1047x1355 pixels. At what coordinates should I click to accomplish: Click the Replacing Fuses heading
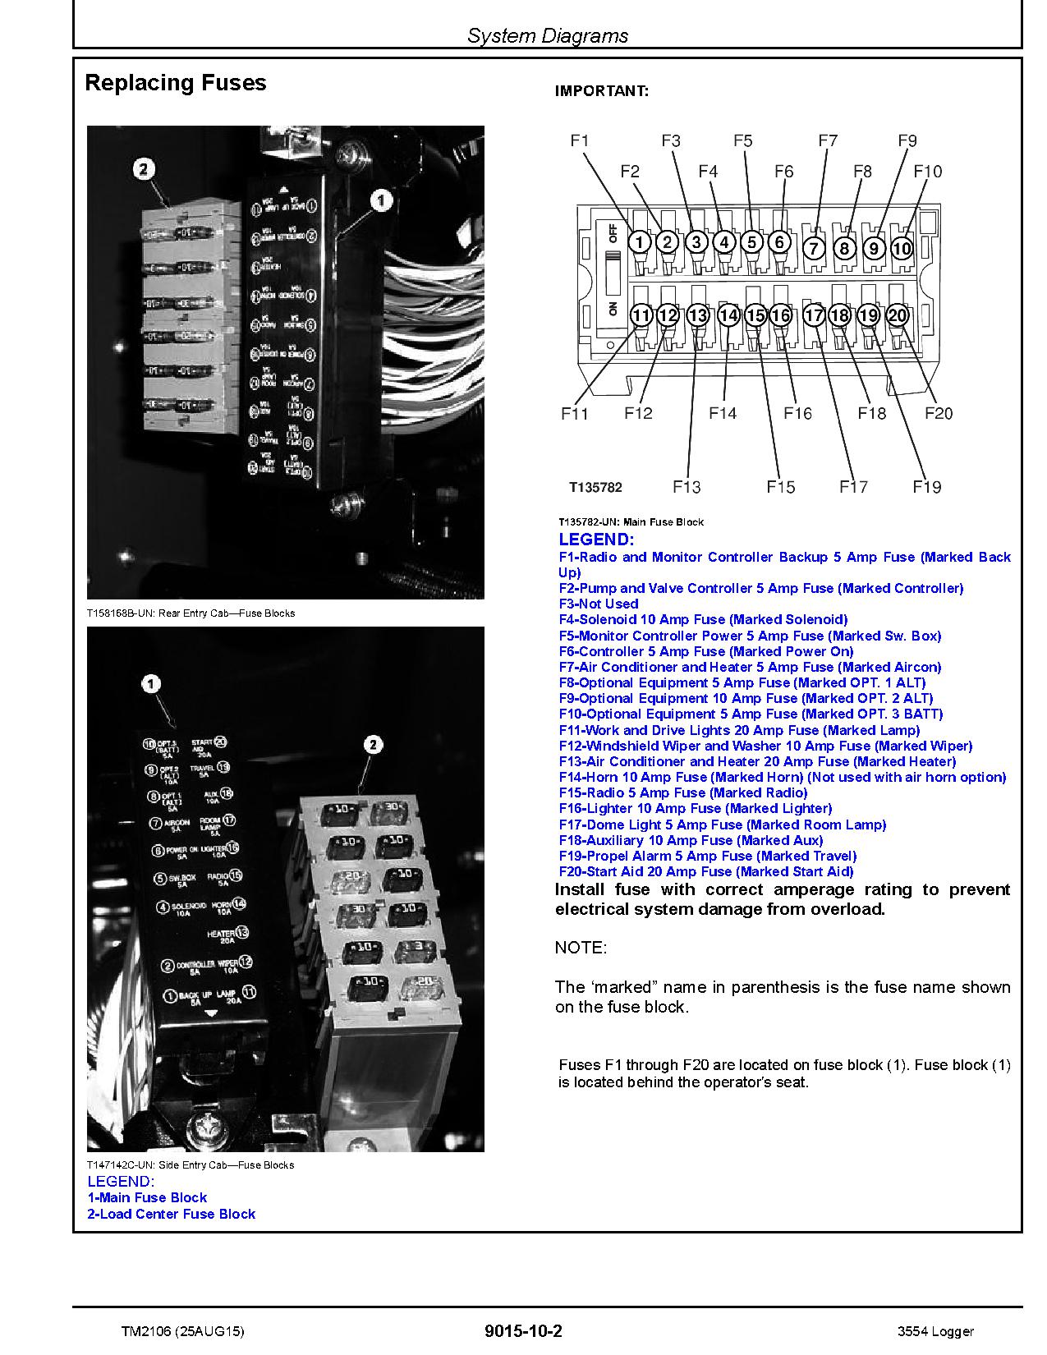[176, 83]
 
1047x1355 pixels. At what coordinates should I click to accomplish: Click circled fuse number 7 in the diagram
[813, 248]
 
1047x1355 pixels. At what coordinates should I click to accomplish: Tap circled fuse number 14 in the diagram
[728, 315]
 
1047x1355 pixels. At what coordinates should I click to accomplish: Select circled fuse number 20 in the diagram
[898, 315]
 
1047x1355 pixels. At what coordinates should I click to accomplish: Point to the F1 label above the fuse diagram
[580, 140]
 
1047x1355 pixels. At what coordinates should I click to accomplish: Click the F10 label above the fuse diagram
[927, 172]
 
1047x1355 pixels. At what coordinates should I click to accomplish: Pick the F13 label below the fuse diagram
[687, 487]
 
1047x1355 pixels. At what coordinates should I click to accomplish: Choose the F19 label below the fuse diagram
[926, 487]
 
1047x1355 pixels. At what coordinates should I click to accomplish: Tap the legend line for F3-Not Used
[598, 604]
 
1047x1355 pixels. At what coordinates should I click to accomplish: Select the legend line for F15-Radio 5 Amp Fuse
[682, 792]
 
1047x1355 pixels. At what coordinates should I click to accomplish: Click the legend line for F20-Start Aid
[705, 871]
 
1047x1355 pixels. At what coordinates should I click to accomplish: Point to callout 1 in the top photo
[380, 200]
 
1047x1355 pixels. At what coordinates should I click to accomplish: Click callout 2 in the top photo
[144, 169]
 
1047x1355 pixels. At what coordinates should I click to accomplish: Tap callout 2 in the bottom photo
[373, 745]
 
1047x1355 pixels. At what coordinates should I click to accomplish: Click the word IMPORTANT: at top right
[601, 91]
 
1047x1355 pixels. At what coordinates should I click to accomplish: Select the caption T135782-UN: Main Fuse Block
[631, 521]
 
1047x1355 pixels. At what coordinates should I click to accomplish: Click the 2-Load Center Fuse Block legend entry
[171, 1214]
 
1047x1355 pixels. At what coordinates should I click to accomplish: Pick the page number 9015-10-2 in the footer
[523, 1331]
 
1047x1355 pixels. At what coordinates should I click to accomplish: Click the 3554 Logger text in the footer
[935, 1331]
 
